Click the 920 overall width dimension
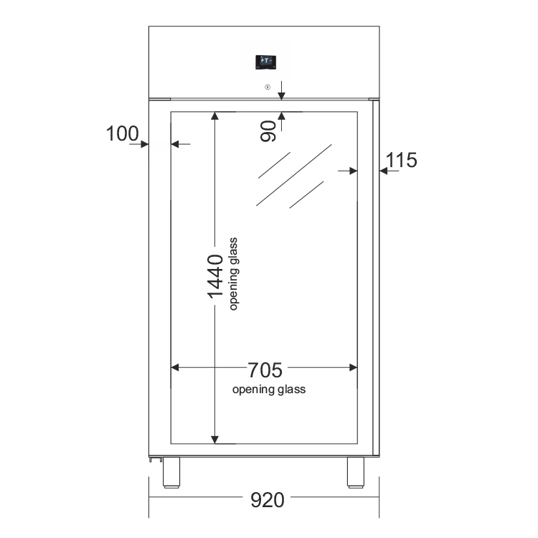pyautogui.click(x=268, y=500)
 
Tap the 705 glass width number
pyautogui.click(x=265, y=370)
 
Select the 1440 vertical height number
pyautogui.click(x=215, y=277)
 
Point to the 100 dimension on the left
pyautogui.click(x=122, y=133)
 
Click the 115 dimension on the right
pyautogui.click(x=402, y=160)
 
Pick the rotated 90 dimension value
pyautogui.click(x=268, y=131)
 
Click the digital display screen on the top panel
pyautogui.click(x=266, y=62)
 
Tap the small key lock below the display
pyautogui.click(x=268, y=87)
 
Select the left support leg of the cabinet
pyautogui.click(x=171, y=473)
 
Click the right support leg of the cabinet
pyautogui.click(x=356, y=473)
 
